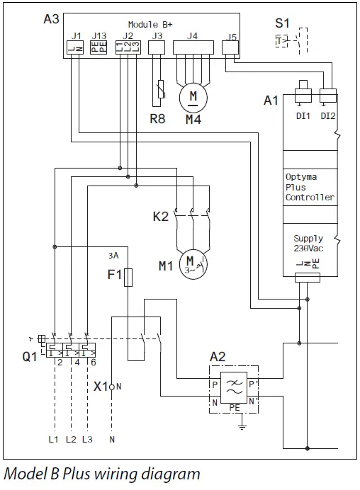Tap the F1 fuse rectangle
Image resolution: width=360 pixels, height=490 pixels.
128,277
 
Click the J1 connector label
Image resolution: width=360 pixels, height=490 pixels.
78,35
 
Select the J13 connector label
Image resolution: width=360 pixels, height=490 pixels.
100,35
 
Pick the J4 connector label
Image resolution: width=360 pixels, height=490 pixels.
192,35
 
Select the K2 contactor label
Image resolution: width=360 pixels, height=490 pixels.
161,217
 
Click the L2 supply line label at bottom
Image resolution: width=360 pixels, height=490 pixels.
70,440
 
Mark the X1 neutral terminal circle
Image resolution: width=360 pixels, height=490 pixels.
111,387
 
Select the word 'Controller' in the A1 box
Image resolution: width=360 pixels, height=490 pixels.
310,198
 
